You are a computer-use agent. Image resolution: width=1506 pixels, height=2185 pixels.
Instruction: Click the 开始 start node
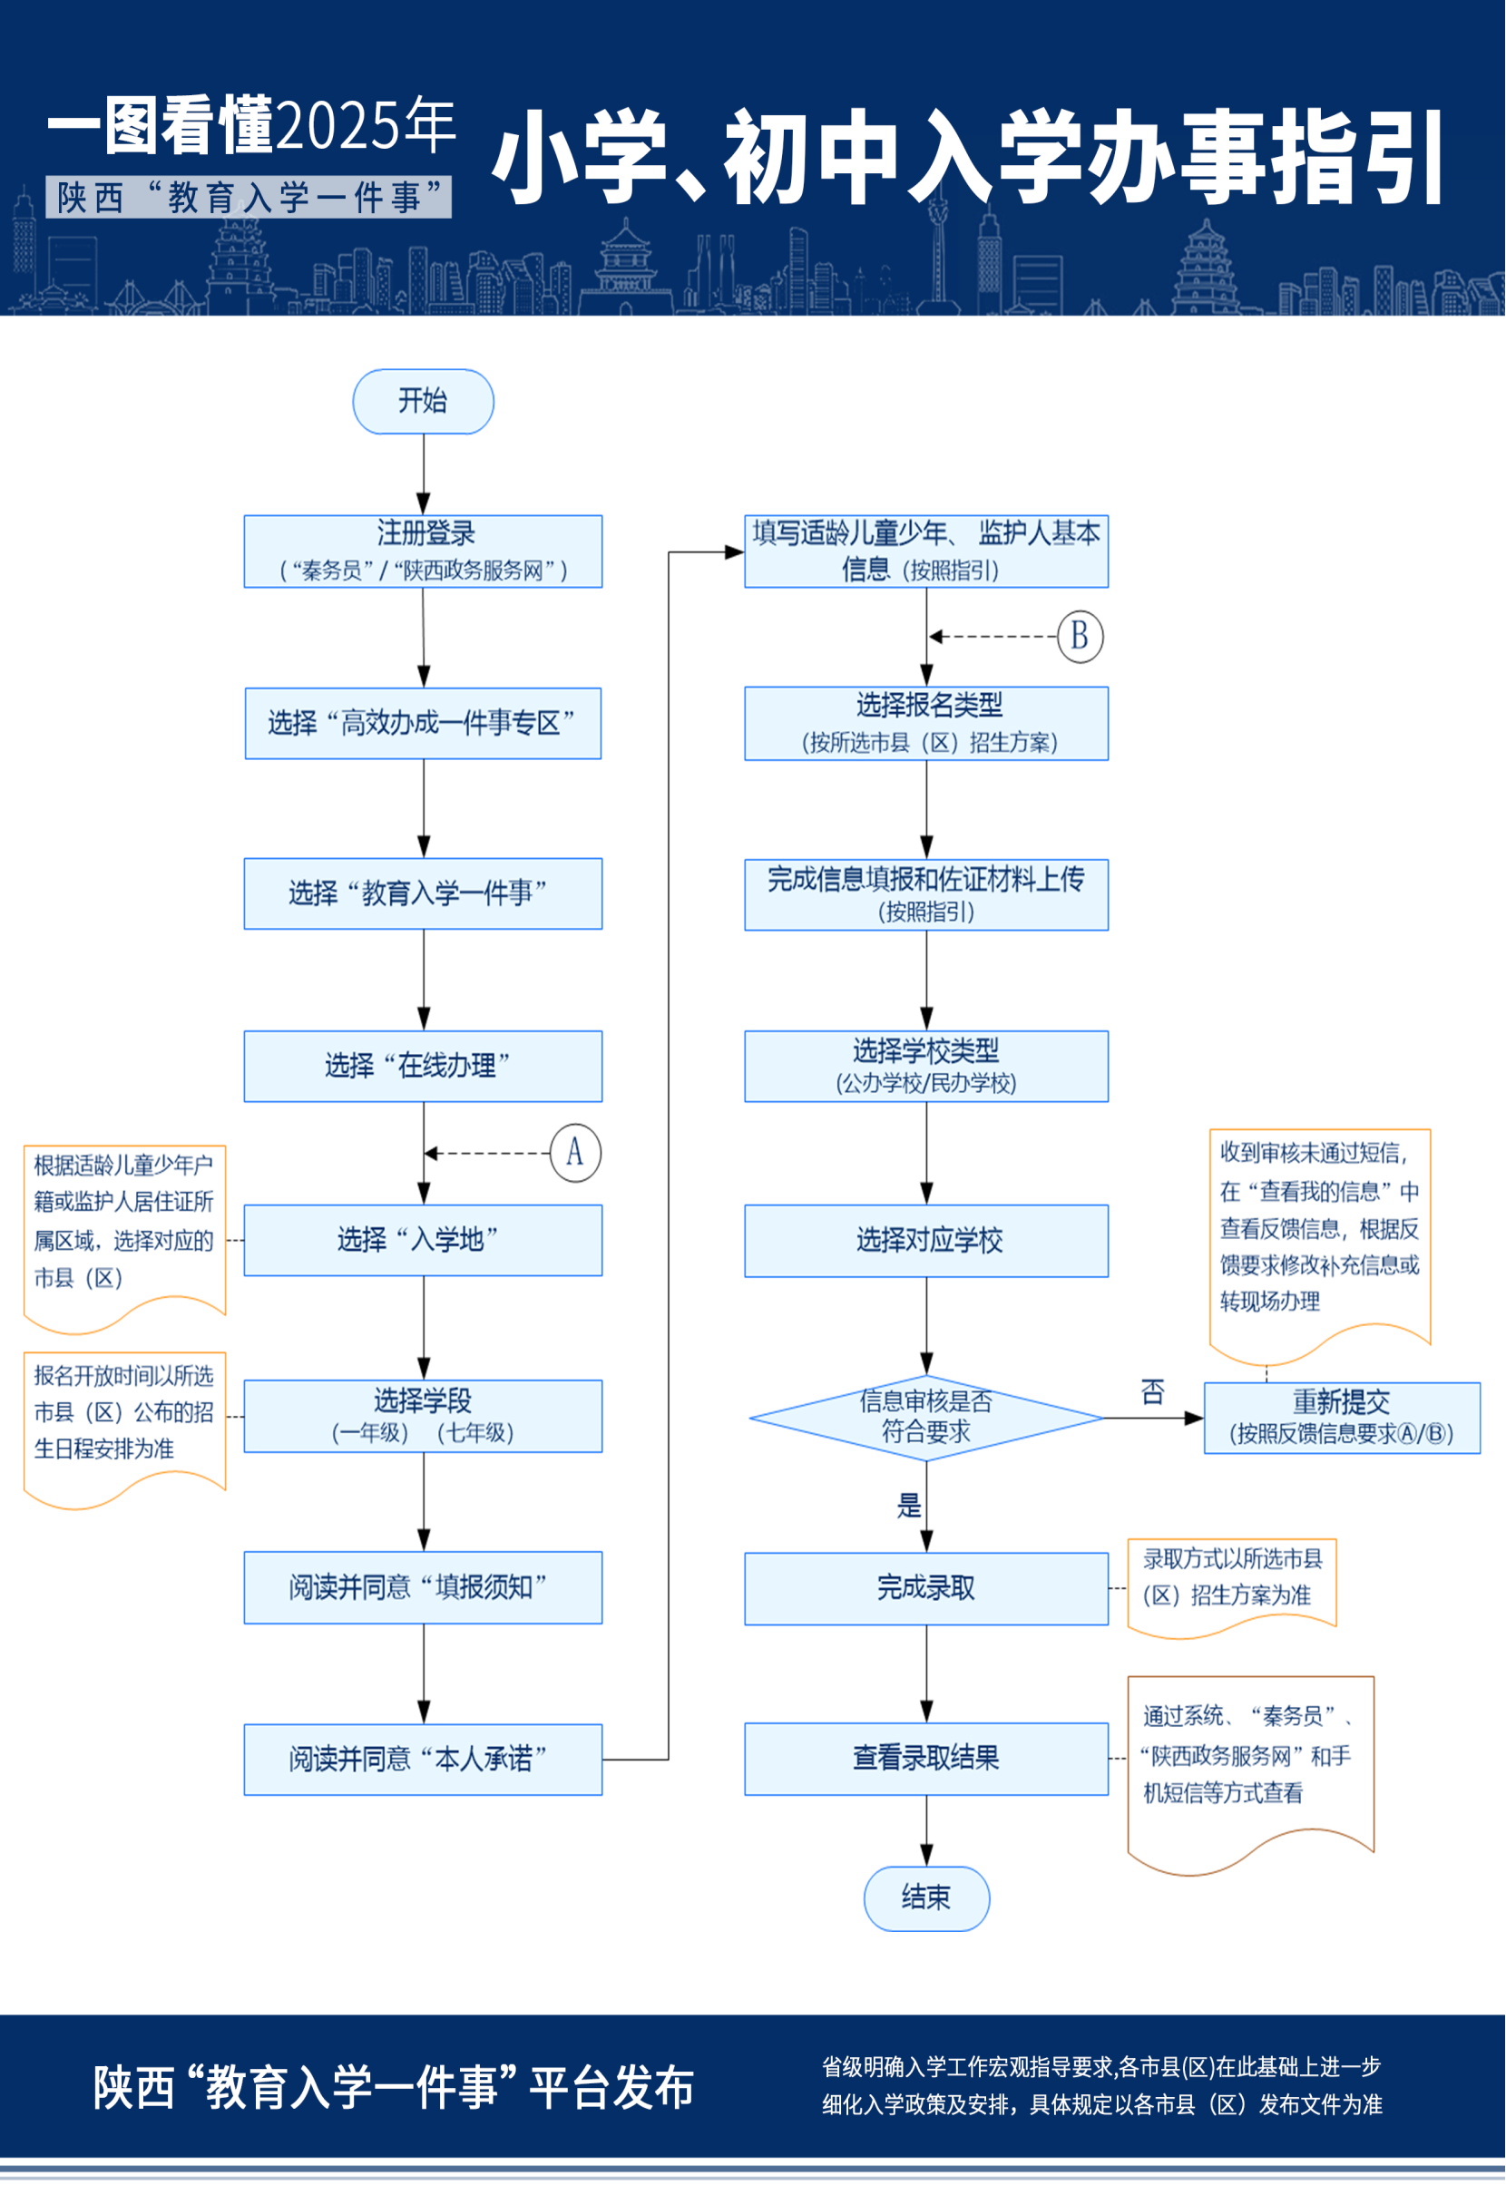(423, 401)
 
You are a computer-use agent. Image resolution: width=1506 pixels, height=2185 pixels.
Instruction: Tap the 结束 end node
(926, 1897)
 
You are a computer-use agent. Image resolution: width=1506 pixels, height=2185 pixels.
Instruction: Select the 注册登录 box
(423, 551)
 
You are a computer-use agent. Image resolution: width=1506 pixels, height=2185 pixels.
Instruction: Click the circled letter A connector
(575, 1152)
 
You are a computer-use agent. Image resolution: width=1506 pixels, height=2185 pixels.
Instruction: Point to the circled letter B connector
(1080, 636)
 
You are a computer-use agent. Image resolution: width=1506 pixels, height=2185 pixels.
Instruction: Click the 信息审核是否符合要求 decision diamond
(926, 1417)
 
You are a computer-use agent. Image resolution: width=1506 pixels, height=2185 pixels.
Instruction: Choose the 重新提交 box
(1342, 1417)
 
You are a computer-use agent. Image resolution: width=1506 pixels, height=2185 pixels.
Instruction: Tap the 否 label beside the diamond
(1152, 1391)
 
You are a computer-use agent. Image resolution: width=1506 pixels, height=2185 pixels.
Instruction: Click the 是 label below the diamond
(909, 1505)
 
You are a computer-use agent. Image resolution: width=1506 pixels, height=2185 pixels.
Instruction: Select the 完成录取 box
(926, 1588)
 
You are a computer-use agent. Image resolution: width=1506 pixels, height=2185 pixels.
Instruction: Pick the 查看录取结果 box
(926, 1759)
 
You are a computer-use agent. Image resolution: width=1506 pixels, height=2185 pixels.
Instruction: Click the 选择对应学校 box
(926, 1241)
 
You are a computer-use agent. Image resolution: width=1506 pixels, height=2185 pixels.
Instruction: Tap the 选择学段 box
(423, 1416)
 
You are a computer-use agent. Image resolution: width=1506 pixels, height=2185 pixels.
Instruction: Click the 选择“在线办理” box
(423, 1066)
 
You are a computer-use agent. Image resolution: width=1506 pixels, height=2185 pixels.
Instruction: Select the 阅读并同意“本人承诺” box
(423, 1760)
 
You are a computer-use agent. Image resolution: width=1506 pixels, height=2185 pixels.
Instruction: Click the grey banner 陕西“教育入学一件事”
(249, 197)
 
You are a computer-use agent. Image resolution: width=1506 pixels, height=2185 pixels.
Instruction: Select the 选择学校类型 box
(926, 1066)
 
